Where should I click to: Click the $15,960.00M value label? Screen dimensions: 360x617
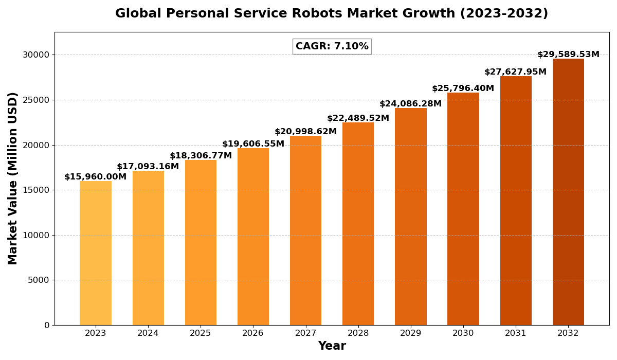96,177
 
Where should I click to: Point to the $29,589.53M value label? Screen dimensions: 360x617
568,55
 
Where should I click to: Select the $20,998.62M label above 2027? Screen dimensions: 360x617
305,132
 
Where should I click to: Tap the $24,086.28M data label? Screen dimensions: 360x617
410,104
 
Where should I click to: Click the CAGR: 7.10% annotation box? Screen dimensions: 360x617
332,46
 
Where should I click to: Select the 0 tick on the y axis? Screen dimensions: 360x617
47,325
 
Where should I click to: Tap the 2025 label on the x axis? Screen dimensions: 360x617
201,333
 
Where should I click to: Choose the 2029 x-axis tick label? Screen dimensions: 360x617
410,333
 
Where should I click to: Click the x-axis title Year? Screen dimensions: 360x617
332,346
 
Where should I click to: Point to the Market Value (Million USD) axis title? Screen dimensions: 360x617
13,178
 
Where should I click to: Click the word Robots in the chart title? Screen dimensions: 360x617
315,14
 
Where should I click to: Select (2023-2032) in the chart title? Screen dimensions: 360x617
504,14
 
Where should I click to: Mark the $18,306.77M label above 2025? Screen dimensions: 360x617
201,156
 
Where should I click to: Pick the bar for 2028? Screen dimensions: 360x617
358,224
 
